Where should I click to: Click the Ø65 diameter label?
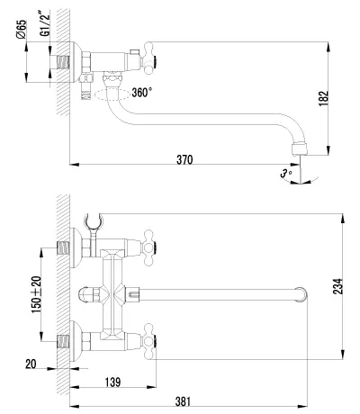[x=22, y=29]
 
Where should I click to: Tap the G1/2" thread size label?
[x=45, y=23]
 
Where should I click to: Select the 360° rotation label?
[x=141, y=93]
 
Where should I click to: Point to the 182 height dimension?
[x=324, y=98]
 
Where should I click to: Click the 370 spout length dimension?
[x=184, y=160]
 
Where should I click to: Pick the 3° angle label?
[x=286, y=174]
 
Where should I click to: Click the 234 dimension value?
[x=338, y=286]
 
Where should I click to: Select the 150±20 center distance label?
[x=37, y=294]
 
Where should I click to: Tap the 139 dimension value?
[x=112, y=382]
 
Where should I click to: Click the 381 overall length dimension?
[x=183, y=401]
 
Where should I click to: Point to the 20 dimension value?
[x=31, y=364]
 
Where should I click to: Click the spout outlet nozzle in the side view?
[x=300, y=149]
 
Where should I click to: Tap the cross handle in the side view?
[x=149, y=58]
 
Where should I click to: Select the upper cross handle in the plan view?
[x=149, y=248]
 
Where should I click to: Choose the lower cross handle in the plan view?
[x=149, y=341]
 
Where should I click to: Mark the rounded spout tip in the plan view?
[x=301, y=294]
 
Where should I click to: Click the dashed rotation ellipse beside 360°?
[x=113, y=94]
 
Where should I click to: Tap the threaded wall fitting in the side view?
[x=63, y=62]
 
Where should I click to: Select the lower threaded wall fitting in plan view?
[x=63, y=341]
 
